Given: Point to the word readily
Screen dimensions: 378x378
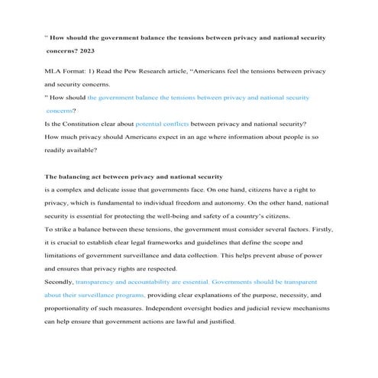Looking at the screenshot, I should (x=63, y=149).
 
